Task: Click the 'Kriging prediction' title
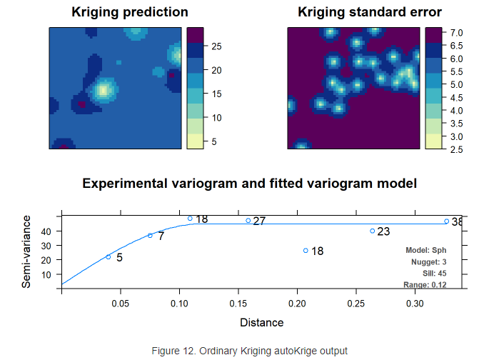coord(130,12)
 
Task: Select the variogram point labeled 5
coord(109,257)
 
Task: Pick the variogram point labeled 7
coord(150,236)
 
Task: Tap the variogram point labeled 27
coord(248,221)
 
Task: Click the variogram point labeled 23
coord(373,231)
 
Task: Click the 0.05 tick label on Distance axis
coord(121,304)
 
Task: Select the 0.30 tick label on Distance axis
coord(415,304)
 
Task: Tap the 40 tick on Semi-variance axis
coord(48,231)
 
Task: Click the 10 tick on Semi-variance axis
coord(48,275)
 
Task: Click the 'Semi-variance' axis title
coord(26,254)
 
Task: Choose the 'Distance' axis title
coord(261,323)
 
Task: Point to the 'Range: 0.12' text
coord(425,285)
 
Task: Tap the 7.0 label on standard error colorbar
coord(453,33)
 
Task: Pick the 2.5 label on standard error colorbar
coord(453,149)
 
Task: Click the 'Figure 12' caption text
coord(249,351)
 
